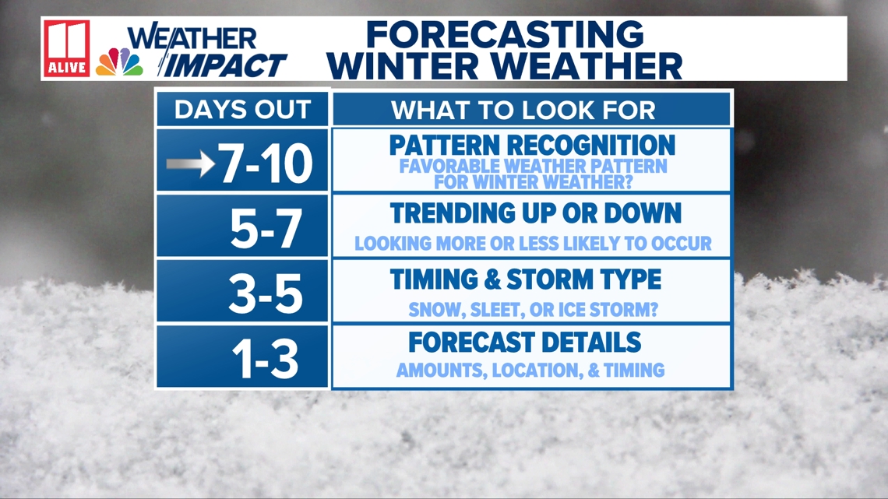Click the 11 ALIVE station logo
pos(67,48)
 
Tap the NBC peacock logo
pos(119,61)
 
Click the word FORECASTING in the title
pos(505,35)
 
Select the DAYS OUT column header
pos(241,110)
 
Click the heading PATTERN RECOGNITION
pos(532,146)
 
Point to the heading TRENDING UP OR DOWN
pos(536,213)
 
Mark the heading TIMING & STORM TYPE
pos(526,279)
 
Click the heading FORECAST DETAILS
pos(524,342)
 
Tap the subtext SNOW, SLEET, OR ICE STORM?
pos(534,309)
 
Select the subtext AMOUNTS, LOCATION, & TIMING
pos(530,371)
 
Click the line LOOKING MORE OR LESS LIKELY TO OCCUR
pos(533,244)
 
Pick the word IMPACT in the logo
pos(227,65)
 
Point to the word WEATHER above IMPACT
pos(192,37)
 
